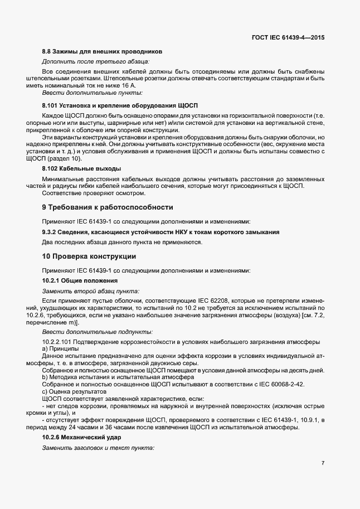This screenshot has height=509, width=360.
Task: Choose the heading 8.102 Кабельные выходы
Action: point(82,168)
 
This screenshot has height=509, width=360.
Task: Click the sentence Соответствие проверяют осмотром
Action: point(85,193)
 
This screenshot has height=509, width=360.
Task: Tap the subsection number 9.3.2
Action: point(51,231)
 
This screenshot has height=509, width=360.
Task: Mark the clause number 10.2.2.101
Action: point(61,341)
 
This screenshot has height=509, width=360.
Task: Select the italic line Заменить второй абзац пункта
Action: point(91,291)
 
